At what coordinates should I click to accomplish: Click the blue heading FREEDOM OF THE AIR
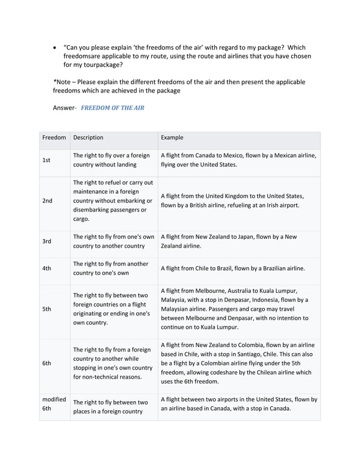[x=113, y=107]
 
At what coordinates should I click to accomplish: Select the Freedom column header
[x=54, y=137]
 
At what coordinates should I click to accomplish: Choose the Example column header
[x=172, y=137]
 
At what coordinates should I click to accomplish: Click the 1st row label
[x=46, y=160]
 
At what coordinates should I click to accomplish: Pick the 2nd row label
[x=47, y=200]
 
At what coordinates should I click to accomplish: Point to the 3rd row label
[x=47, y=241]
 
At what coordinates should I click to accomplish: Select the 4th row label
[x=47, y=269]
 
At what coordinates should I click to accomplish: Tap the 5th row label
[x=47, y=309]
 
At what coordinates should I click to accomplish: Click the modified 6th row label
[x=54, y=403]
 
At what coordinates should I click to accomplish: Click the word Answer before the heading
[x=64, y=107]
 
